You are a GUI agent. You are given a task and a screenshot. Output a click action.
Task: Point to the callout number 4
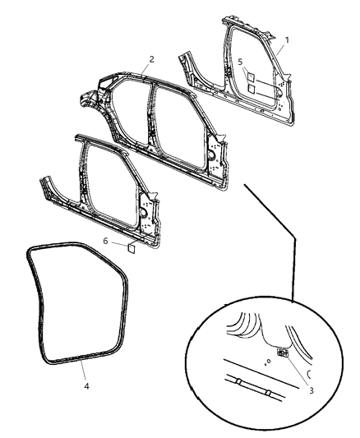click(x=85, y=383)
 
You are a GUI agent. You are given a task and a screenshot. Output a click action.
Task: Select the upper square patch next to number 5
click(x=253, y=74)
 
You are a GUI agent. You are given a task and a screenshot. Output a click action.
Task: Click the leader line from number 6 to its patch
click(x=118, y=243)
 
